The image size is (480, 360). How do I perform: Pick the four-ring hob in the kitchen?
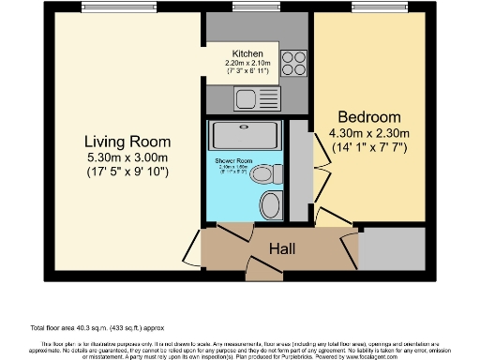294,62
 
